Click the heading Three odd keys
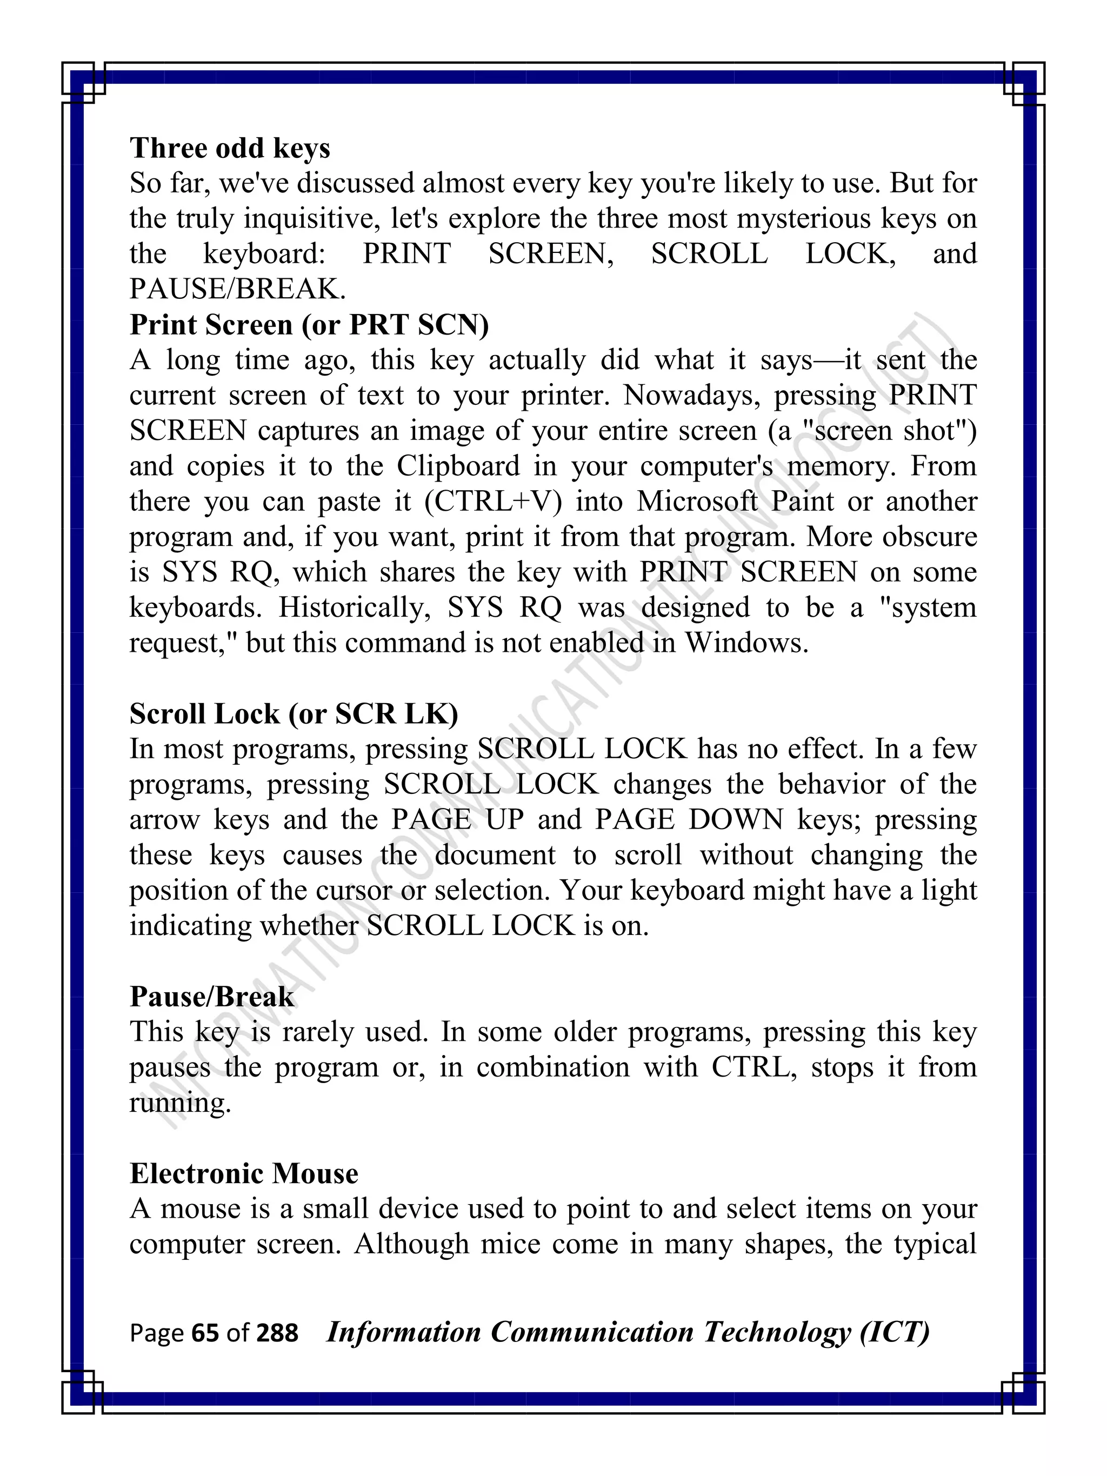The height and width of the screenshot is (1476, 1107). click(230, 148)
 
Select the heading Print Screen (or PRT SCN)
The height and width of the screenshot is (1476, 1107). click(309, 325)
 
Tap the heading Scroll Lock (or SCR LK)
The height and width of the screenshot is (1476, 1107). click(294, 714)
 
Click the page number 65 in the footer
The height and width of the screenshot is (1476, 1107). click(205, 1333)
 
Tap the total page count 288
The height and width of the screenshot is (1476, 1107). click(277, 1333)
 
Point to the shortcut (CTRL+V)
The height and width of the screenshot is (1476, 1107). click(493, 502)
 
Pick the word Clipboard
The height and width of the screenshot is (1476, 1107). click(458, 466)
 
